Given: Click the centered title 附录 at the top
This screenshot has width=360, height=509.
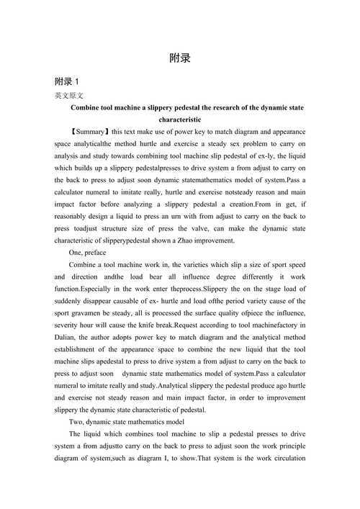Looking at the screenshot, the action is tap(179, 58).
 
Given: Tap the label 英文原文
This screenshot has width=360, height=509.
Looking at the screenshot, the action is tap(69, 95).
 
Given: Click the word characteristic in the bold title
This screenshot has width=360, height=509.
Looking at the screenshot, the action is tap(179, 119).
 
